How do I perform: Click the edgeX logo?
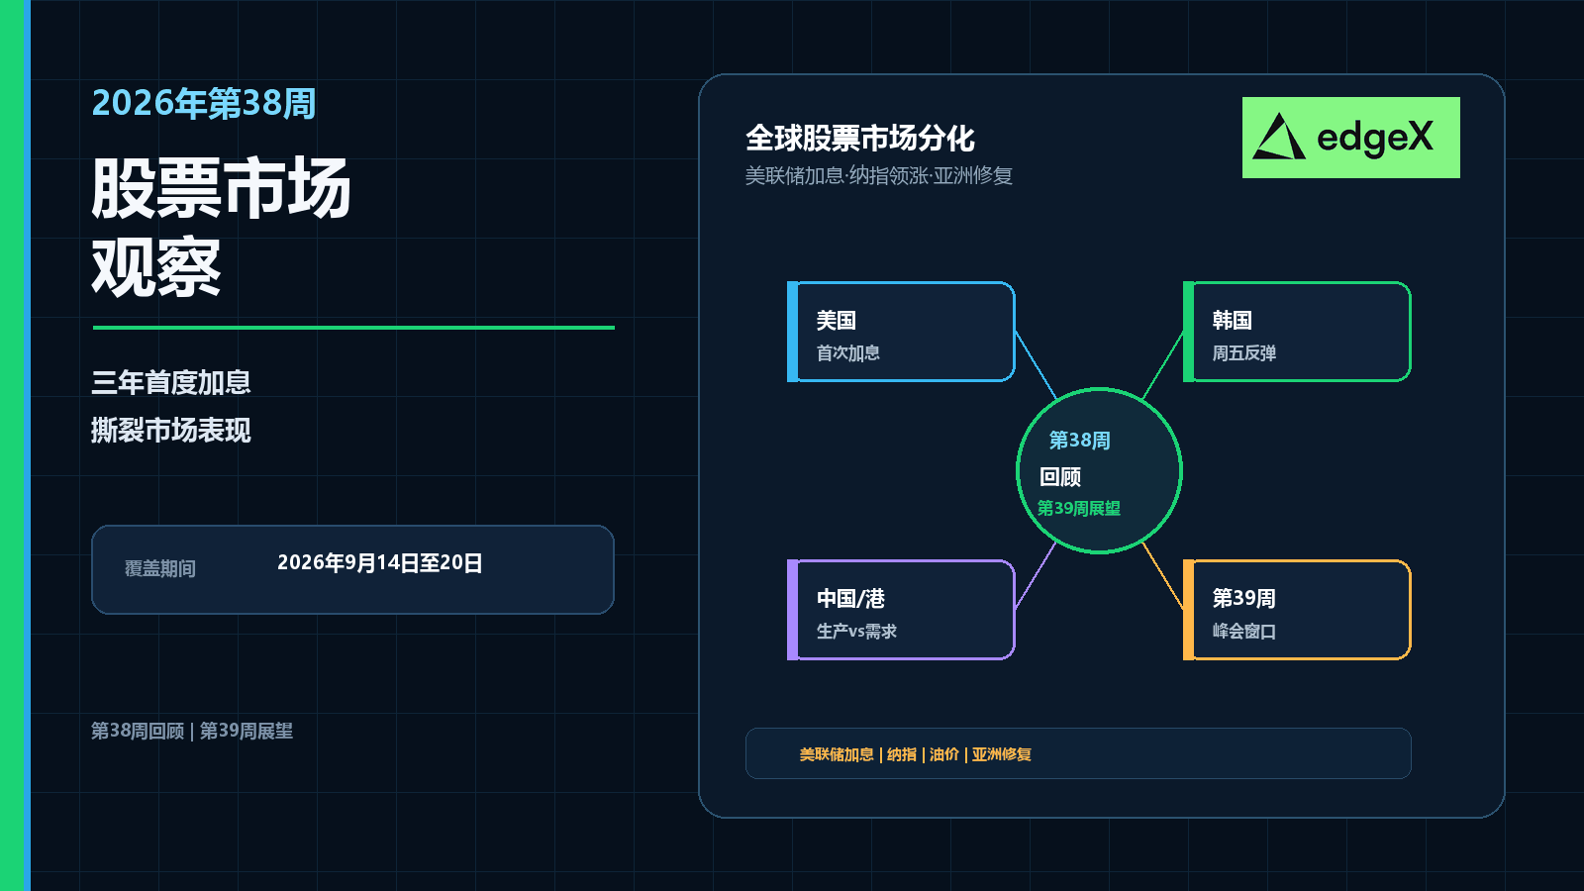coord(1350,138)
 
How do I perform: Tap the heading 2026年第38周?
coord(204,103)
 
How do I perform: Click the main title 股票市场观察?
coord(221,227)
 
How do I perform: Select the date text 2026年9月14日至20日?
coord(380,563)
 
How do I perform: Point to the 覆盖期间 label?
coord(159,568)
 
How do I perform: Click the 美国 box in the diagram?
coord(901,332)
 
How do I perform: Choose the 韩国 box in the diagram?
coord(1297,332)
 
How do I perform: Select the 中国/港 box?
coord(901,610)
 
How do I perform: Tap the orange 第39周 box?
coord(1297,610)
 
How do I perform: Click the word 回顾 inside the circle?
coord(1060,477)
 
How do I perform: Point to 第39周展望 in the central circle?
coord(1078,509)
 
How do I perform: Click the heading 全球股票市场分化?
coord(860,139)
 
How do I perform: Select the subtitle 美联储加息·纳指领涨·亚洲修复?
coord(879,175)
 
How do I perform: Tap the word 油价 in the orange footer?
coord(944,754)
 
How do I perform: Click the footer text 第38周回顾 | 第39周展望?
coord(192,731)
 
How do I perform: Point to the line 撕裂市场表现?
coord(171,430)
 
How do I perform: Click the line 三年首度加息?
coord(171,382)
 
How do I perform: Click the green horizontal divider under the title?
coord(353,328)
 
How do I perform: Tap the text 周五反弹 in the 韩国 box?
coord(1243,352)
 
